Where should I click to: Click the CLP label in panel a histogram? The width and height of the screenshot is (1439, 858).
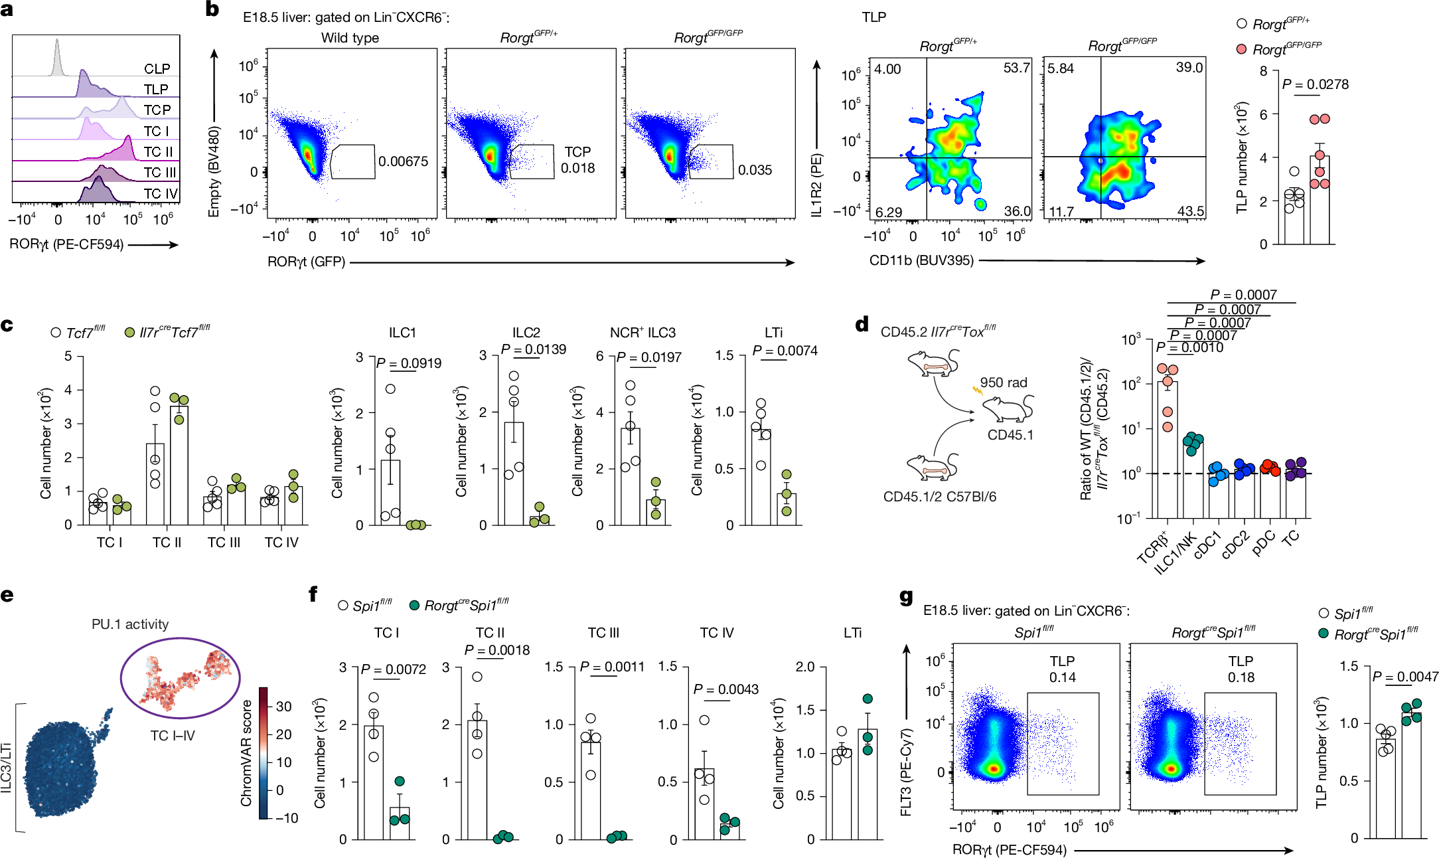[x=157, y=69]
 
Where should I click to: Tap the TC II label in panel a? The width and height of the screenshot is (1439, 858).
[x=158, y=152]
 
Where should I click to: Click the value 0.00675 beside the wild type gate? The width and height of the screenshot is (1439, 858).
[x=403, y=161]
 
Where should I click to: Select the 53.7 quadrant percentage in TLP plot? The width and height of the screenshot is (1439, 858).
[x=1016, y=68]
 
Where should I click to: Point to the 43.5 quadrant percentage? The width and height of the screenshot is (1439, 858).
[x=1191, y=211]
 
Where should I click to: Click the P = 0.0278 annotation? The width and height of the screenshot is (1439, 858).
[x=1315, y=84]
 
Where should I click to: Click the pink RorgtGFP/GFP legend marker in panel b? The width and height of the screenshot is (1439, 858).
[x=1241, y=49]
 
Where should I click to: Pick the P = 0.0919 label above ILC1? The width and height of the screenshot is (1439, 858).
[x=408, y=363]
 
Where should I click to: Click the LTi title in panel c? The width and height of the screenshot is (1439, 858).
[x=773, y=333]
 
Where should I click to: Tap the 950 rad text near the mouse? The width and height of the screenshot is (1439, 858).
[x=1003, y=383]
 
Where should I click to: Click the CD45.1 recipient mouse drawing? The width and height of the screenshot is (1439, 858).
[x=1008, y=408]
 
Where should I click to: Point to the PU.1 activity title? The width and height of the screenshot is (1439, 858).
[x=130, y=624]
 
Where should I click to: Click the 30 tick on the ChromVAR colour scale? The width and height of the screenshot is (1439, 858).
[x=284, y=707]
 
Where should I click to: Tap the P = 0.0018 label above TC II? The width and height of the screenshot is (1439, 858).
[x=496, y=650]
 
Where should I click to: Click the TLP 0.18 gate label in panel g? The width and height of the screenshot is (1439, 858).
[x=1240, y=669]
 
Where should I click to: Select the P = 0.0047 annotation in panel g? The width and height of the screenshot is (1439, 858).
[x=1404, y=677]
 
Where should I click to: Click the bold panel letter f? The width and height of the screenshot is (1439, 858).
[x=313, y=594]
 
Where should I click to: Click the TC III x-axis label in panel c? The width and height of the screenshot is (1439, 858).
[x=224, y=543]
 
